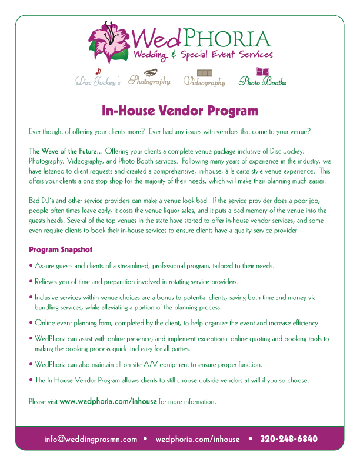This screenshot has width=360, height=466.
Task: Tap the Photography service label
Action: pyautogui.click(x=149, y=81)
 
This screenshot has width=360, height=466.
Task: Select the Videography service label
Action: pyautogui.click(x=204, y=82)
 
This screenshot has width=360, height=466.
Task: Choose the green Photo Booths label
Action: pyautogui.click(x=262, y=82)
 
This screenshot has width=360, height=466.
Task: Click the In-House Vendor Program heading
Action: pyautogui.click(x=180, y=111)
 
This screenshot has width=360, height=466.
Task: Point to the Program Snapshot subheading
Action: pyautogui.click(x=61, y=249)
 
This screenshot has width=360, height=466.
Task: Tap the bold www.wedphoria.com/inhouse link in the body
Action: pyautogui.click(x=108, y=401)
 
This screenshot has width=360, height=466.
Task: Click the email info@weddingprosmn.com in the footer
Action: pyautogui.click(x=91, y=439)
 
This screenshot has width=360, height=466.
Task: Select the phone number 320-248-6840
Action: pyautogui.click(x=289, y=439)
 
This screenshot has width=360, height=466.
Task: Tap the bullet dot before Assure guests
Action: pyautogui.click(x=31, y=266)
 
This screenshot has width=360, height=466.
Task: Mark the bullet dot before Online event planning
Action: pyautogui.click(x=31, y=323)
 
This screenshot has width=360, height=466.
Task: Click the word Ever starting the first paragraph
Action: pyautogui.click(x=35, y=130)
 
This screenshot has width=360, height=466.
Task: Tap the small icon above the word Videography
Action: pyautogui.click(x=205, y=72)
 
